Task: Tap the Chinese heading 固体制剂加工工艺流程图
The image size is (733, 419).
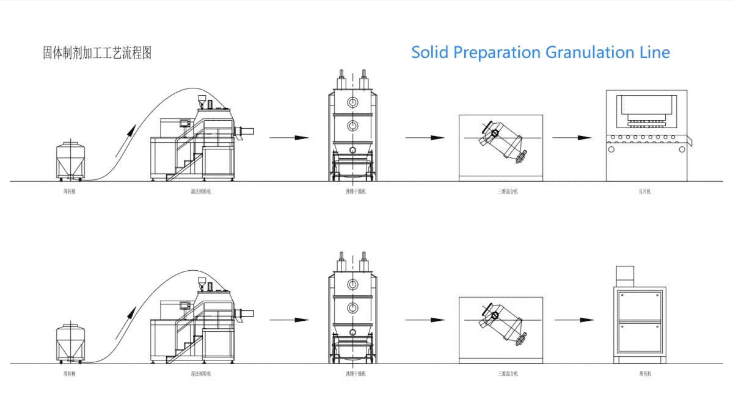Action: pyautogui.click(x=97, y=53)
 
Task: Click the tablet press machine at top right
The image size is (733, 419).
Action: pyautogui.click(x=646, y=135)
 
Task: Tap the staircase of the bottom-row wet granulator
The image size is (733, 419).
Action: pyautogui.click(x=181, y=345)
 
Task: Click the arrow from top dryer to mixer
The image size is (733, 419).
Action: pyautogui.click(x=425, y=138)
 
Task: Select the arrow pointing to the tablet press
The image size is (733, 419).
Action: pyautogui.click(x=572, y=138)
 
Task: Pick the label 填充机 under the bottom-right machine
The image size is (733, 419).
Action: pyautogui.click(x=641, y=373)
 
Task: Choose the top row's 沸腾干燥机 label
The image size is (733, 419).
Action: pyautogui.click(x=351, y=192)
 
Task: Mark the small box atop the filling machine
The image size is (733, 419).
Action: pyautogui.click(x=625, y=276)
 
